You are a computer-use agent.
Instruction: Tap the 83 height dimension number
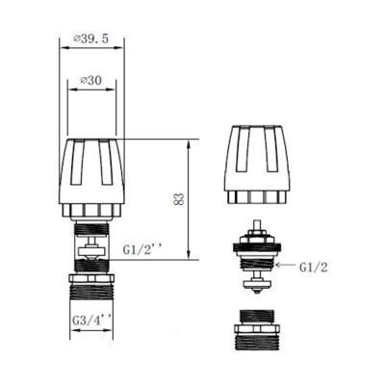click(x=179, y=198)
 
